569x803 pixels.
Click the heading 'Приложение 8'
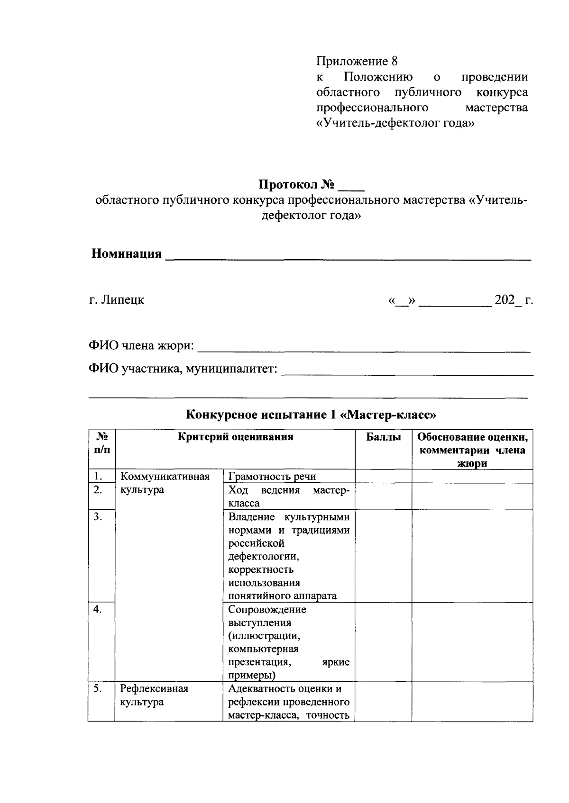[356, 62]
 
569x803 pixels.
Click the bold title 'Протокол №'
[297, 184]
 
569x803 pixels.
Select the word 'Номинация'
[127, 254]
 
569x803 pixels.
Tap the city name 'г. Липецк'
[117, 300]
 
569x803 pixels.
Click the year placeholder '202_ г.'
[514, 300]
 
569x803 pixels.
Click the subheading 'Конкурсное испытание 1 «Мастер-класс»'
[311, 415]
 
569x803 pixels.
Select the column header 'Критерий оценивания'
[235, 437]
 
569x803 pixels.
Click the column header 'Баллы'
[383, 437]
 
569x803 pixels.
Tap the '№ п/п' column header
[101, 443]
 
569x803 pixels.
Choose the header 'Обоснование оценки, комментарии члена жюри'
[472, 450]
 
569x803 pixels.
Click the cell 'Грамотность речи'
[272, 477]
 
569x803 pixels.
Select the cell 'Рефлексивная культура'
[154, 695]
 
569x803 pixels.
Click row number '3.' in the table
[98, 517]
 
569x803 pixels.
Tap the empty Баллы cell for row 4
[383, 641]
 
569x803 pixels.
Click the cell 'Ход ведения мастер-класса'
[289, 496]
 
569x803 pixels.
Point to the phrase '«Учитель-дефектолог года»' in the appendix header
[395, 123]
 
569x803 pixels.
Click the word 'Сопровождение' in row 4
[267, 609]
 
